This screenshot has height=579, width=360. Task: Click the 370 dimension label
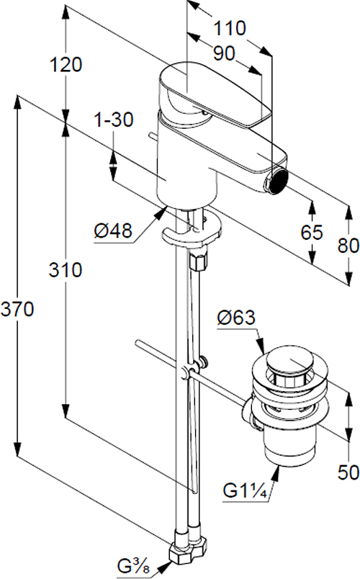(17, 309)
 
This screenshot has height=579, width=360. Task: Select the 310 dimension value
(66, 270)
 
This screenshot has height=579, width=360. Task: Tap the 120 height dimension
(66, 65)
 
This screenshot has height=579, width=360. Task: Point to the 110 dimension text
(230, 28)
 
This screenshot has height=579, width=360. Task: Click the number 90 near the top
(224, 54)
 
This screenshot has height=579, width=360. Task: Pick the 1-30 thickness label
(114, 120)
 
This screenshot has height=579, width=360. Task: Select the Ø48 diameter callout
(112, 231)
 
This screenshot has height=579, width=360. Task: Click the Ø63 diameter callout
(236, 318)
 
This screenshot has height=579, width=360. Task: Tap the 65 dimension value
(312, 233)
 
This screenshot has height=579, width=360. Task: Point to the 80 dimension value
(348, 245)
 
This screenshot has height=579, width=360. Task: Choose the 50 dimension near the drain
(348, 472)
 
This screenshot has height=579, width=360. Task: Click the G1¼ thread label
(245, 491)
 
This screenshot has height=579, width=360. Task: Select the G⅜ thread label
(134, 566)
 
